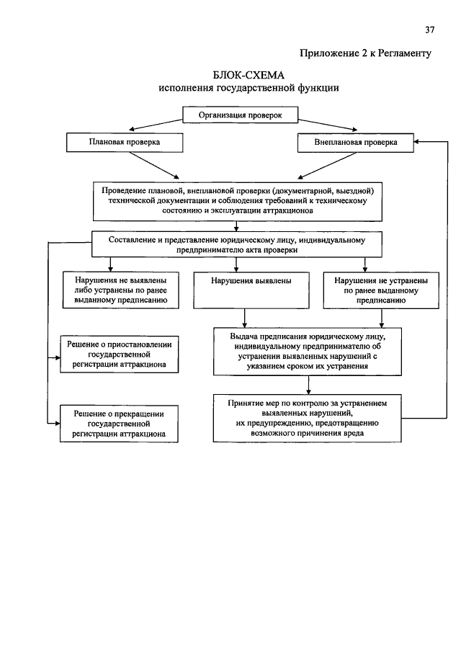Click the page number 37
(430, 30)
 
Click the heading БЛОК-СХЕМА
(249, 75)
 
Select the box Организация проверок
(241, 115)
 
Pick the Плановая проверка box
(125, 142)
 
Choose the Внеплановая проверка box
(356, 143)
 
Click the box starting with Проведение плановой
(238, 201)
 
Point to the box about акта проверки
(236, 245)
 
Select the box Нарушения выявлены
(251, 290)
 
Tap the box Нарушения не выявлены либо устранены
(120, 290)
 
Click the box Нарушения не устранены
(381, 290)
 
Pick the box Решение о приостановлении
(120, 354)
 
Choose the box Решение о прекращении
(119, 424)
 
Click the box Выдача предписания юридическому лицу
(308, 352)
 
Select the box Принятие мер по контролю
(307, 419)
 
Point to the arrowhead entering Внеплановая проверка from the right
(416, 142)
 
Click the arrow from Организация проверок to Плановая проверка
(156, 125)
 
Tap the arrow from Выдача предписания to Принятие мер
(308, 385)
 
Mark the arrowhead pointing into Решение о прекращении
(58, 424)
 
